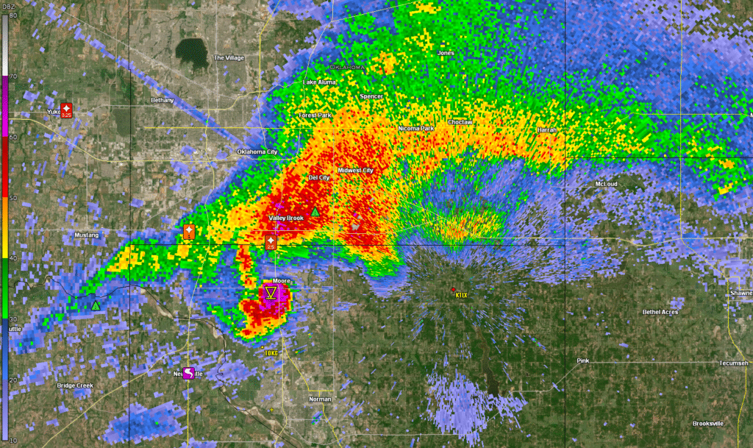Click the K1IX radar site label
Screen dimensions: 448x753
tap(461, 295)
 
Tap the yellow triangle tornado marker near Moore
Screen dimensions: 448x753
tap(271, 294)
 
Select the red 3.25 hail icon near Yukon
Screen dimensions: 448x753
tap(66, 110)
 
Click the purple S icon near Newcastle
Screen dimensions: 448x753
tap(188, 373)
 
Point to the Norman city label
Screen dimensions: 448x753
tap(320, 399)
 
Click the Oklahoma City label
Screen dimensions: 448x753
tap(257, 152)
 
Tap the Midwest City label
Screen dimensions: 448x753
tap(355, 171)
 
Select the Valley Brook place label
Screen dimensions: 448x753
tap(285, 218)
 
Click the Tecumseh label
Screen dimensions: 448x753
tap(733, 363)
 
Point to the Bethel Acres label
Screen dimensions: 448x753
tap(660, 312)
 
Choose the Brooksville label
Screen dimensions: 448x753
tap(708, 424)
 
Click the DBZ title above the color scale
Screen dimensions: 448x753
tap(8, 4)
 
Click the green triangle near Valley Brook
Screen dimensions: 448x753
tap(315, 212)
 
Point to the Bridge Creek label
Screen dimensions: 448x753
tap(75, 385)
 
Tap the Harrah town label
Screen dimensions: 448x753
tap(546, 129)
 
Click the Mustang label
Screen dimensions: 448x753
tap(87, 235)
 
